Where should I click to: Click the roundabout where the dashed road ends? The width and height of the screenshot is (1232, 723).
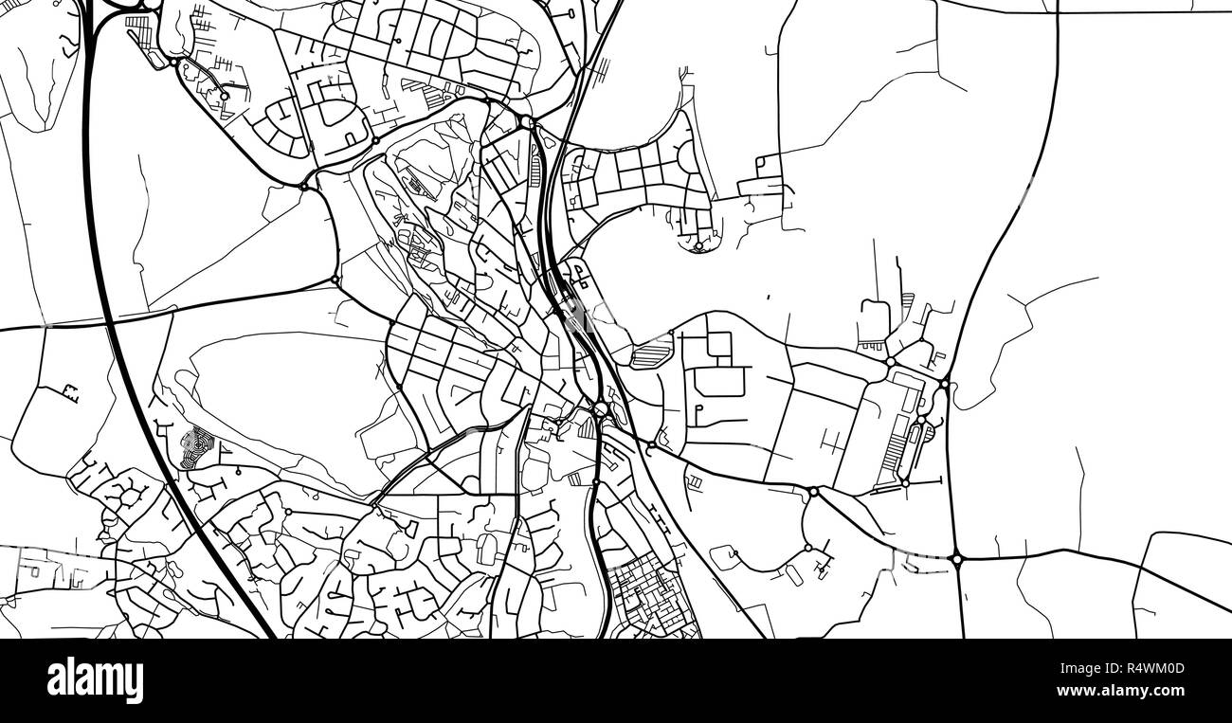(957, 559)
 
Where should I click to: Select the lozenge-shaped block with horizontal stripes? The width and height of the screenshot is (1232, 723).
(649, 357)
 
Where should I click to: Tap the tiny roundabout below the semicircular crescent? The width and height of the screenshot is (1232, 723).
(698, 247)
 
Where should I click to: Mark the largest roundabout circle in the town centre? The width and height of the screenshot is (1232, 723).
(601, 409)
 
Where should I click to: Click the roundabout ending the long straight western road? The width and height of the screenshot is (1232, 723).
(335, 280)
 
